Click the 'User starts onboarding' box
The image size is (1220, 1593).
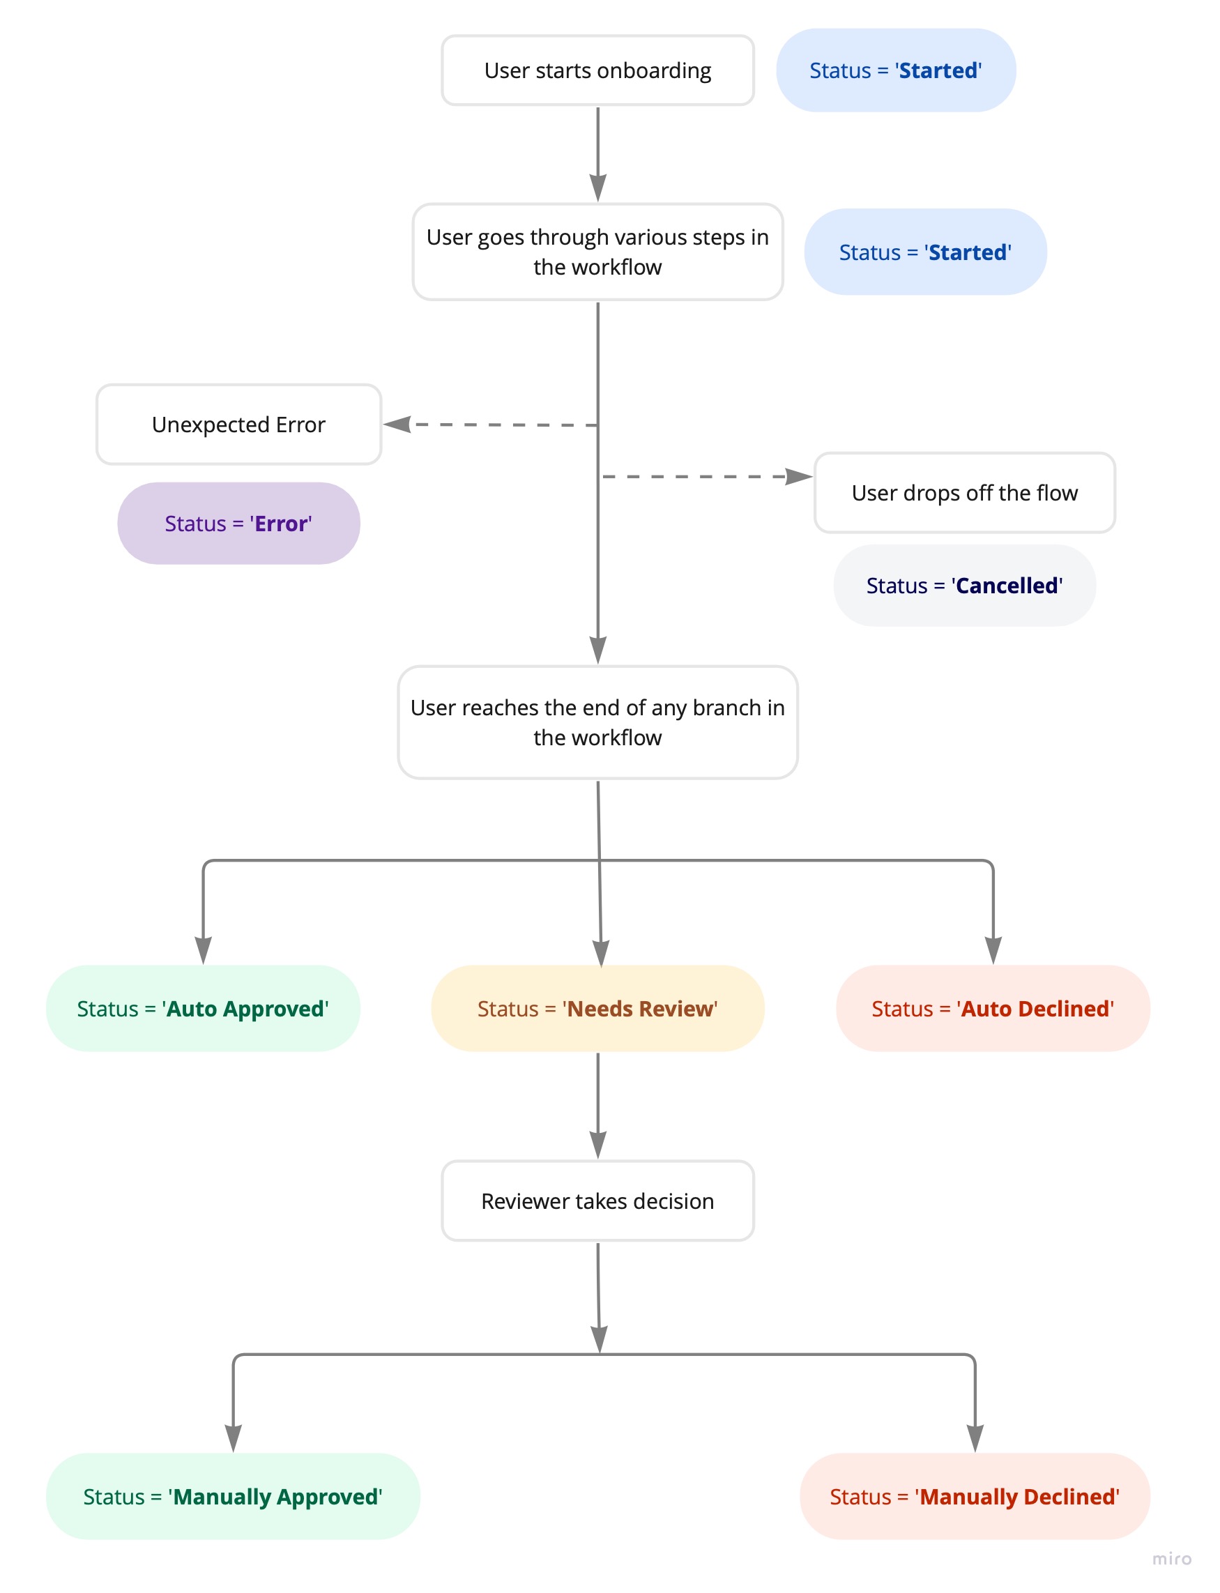tap(597, 70)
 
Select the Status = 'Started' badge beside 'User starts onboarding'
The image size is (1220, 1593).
tap(894, 70)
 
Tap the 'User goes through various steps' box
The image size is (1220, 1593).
tap(597, 251)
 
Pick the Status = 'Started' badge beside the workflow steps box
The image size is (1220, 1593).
tap(924, 252)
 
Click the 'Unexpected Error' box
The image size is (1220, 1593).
tap(238, 424)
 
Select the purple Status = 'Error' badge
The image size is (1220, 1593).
tap(238, 523)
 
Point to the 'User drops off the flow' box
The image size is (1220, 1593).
tap(963, 492)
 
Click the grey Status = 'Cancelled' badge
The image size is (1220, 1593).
tap(963, 585)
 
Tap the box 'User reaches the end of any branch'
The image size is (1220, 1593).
tap(597, 722)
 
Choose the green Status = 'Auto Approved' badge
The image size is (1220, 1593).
tap(203, 1008)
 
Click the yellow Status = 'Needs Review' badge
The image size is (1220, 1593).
tap(597, 1008)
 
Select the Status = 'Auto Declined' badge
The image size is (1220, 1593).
tap(992, 1008)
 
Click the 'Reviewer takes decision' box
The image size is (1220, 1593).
tap(597, 1201)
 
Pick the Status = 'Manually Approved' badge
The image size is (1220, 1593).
tap(232, 1495)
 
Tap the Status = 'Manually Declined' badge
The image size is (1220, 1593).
tap(974, 1495)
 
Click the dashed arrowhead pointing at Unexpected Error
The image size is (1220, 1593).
tap(398, 424)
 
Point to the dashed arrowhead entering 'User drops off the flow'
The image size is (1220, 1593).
tap(798, 476)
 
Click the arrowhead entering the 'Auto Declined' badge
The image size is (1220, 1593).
tap(992, 949)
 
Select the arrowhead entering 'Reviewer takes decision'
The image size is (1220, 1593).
tap(597, 1143)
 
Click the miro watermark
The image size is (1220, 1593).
tap(1171, 1558)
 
